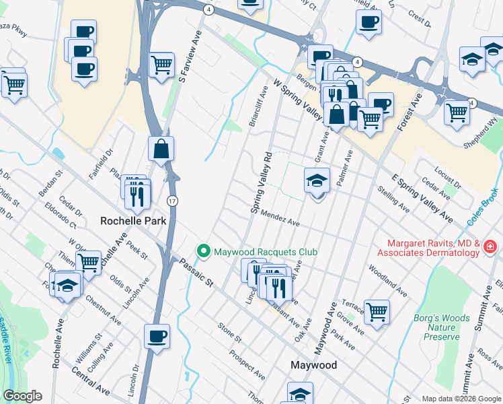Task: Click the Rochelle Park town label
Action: (x=132, y=220)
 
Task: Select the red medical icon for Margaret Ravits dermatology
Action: (x=492, y=248)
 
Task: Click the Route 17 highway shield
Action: (x=173, y=201)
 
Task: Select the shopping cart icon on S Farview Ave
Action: (x=161, y=65)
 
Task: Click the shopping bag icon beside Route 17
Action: (x=161, y=149)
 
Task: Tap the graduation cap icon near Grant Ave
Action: (x=317, y=180)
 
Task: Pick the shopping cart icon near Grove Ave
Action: (x=377, y=311)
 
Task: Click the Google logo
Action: (x=22, y=396)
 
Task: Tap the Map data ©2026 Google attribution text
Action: (x=461, y=399)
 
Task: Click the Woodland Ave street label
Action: (x=388, y=281)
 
